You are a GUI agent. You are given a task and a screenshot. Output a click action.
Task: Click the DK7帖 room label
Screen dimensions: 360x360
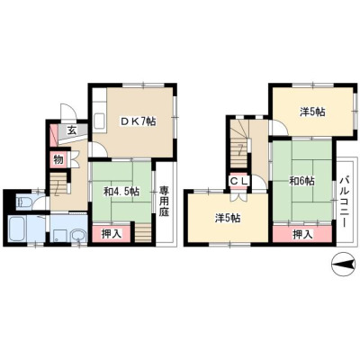coord(139,121)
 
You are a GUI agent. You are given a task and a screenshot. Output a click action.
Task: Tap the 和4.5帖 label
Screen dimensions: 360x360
coord(121,192)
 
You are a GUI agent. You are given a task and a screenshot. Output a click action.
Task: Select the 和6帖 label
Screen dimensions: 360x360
coord(301,181)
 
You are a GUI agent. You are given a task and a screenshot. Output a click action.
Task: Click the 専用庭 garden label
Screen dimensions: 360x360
coord(164,202)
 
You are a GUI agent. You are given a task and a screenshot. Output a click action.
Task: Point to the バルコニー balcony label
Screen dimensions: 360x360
coord(344,202)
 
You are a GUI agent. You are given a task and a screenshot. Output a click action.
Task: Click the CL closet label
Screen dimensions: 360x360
coord(239,181)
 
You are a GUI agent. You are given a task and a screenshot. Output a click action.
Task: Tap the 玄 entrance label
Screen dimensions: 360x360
coord(71,130)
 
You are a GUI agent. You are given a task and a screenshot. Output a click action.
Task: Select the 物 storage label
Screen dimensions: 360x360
coord(58,159)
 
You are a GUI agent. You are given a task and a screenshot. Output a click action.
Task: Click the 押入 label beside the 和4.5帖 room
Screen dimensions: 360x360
coord(112,234)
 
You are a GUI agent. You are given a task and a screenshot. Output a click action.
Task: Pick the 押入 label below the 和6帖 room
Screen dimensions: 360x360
coord(302,234)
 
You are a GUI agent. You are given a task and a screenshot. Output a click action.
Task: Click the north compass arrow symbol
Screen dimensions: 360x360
coord(345,265)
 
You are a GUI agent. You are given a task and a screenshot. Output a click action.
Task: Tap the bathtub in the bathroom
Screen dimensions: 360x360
coord(18,229)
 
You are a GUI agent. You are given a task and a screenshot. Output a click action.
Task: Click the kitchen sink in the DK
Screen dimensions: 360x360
coord(99,121)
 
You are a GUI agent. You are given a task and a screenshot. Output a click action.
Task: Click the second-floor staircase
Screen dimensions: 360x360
coord(239,144)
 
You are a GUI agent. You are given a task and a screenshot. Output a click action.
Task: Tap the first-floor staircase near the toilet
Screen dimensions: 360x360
coord(58,184)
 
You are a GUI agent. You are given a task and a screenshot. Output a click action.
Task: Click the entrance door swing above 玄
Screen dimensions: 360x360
coord(68,112)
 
